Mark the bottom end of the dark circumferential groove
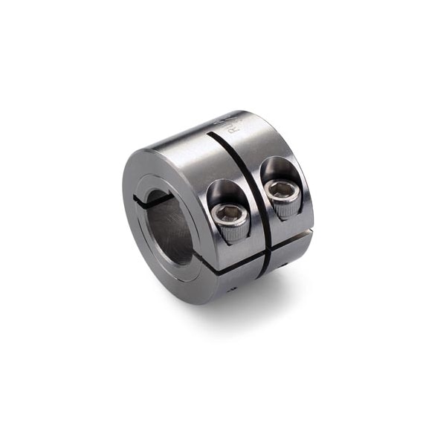[x=262, y=276]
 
